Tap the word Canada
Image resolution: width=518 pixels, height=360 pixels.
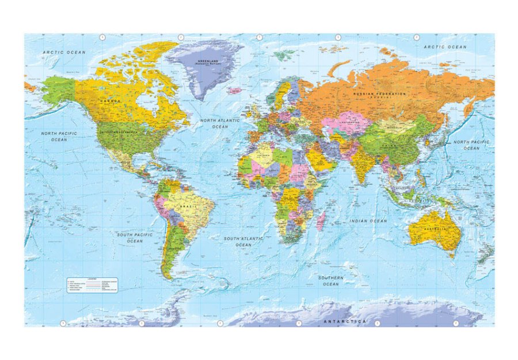[x=111, y=101]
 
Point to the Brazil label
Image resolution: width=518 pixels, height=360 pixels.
[x=185, y=206]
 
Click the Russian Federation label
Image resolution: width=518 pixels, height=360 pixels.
[x=379, y=94]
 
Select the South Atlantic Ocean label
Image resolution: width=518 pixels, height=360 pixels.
[x=243, y=241]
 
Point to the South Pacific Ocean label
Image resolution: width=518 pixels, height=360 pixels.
[x=134, y=238]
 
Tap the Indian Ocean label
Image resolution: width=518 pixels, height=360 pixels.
[x=368, y=221]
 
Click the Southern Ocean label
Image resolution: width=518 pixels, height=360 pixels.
[x=331, y=281]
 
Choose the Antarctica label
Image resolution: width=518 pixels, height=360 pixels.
[x=345, y=320]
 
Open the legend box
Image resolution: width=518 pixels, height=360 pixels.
[x=92, y=285]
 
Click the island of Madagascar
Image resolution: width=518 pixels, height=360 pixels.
[x=321, y=220]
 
